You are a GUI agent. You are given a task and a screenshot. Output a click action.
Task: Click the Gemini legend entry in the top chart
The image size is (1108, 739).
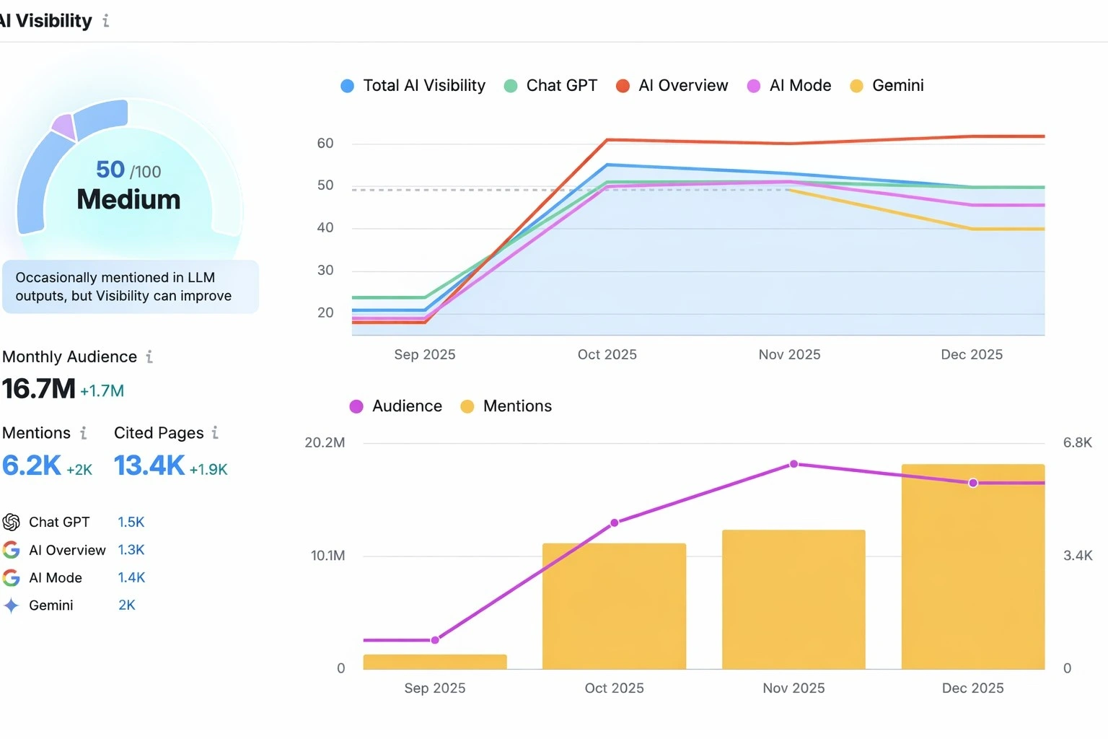(x=887, y=86)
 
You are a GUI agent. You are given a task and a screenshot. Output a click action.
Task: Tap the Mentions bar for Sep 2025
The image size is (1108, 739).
(x=435, y=662)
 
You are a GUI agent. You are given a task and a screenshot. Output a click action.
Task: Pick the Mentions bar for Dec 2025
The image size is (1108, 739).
(x=972, y=570)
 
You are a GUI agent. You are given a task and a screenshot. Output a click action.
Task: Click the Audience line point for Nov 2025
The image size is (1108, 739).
(x=793, y=464)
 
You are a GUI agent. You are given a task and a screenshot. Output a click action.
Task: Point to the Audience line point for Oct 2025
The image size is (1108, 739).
(x=615, y=523)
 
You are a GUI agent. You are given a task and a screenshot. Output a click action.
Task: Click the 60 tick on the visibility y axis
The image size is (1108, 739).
(x=325, y=144)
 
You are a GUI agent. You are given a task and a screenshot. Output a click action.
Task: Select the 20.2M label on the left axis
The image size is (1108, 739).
(x=325, y=442)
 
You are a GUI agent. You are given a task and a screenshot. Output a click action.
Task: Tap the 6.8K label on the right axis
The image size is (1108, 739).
(x=1077, y=442)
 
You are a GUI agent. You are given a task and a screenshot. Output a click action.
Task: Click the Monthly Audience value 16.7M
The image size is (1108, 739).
(x=39, y=389)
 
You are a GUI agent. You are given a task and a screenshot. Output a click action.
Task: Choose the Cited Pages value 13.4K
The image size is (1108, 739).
(x=149, y=466)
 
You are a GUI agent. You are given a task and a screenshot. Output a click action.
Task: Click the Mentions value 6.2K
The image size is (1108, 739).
(x=32, y=466)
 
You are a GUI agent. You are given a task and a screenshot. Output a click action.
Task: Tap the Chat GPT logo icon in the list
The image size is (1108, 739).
(x=12, y=522)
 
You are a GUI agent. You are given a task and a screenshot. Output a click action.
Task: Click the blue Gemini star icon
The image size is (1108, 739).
(x=12, y=605)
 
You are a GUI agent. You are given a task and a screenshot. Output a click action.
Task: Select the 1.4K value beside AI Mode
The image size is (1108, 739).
(x=131, y=577)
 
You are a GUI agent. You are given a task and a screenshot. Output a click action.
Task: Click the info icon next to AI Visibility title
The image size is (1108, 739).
(x=106, y=21)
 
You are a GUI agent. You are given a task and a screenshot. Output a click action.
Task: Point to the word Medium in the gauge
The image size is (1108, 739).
(x=128, y=199)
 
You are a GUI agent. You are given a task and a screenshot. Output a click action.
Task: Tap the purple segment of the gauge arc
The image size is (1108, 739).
(x=64, y=126)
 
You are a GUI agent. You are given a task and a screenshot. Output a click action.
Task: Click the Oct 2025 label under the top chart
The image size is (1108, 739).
(x=607, y=354)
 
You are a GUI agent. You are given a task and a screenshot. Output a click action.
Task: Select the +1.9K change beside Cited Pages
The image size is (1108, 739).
(x=208, y=470)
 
